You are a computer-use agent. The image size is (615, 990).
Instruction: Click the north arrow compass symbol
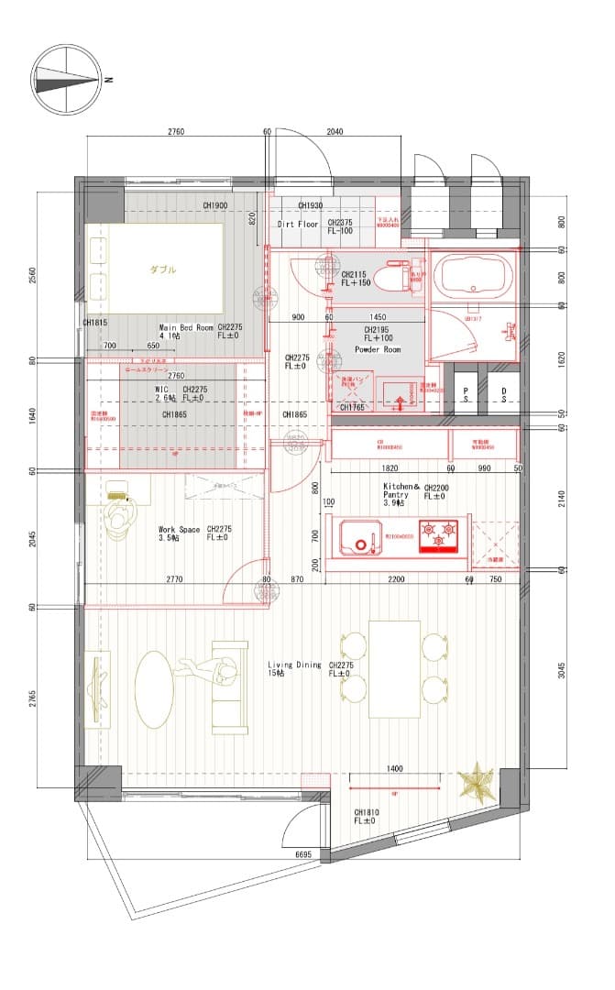[x=65, y=79]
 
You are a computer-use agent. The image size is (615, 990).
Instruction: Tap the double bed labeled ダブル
[x=155, y=269]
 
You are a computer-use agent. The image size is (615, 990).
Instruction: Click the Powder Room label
[x=378, y=349]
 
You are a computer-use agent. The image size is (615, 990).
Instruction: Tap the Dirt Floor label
[x=298, y=224]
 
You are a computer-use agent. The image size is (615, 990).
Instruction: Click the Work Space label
[x=179, y=530]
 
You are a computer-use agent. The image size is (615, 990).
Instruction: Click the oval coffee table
[x=154, y=687]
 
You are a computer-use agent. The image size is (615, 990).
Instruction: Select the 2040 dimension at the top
[x=335, y=132]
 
